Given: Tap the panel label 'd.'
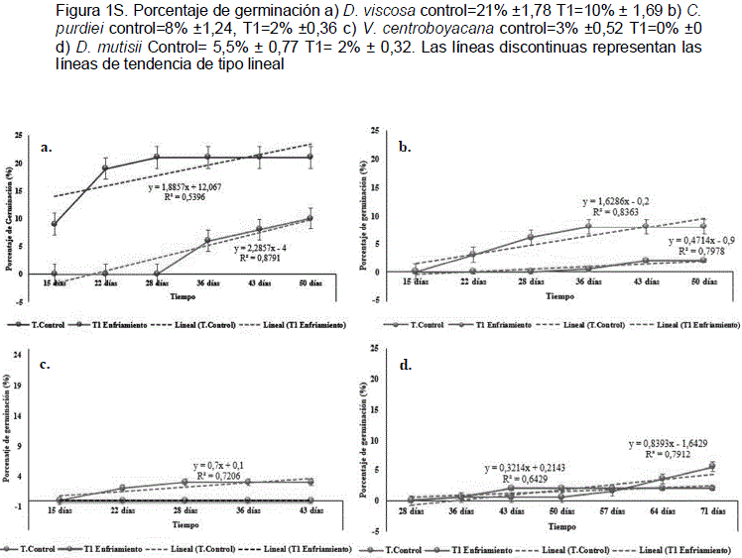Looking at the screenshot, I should [x=405, y=364].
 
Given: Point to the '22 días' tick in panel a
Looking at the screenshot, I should [x=106, y=285].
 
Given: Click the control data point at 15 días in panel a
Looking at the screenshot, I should [x=54, y=224].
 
